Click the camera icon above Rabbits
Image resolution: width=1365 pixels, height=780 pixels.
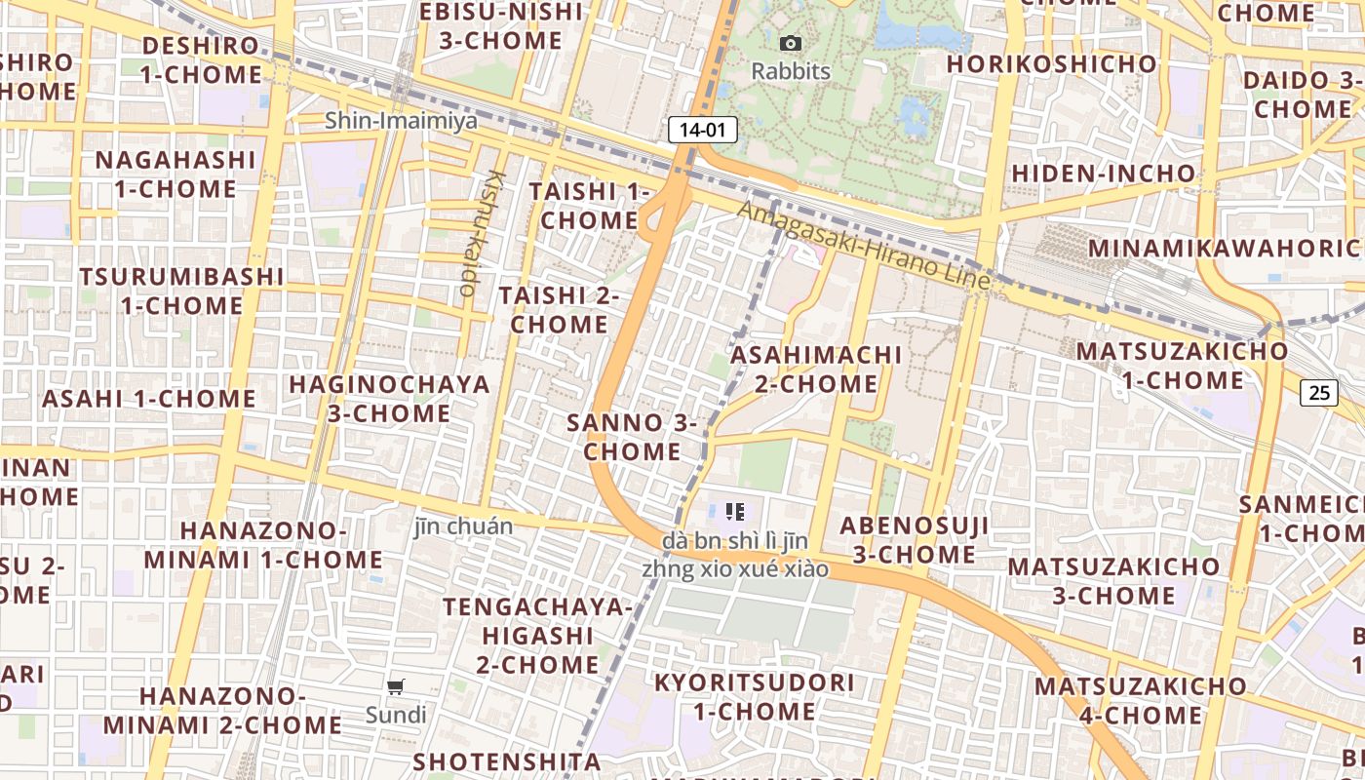[791, 43]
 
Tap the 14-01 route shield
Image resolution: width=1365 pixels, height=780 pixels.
[702, 130]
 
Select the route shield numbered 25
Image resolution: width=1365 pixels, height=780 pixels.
[1318, 393]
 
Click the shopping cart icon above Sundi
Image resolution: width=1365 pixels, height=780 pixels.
[396, 687]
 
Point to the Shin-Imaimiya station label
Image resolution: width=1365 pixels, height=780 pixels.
[402, 121]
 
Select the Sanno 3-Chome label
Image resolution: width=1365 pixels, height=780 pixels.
[632, 437]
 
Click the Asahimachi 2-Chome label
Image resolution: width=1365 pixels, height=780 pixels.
[817, 369]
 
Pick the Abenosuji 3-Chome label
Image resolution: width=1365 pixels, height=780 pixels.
[915, 540]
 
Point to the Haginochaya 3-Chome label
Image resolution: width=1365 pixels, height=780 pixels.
[389, 398]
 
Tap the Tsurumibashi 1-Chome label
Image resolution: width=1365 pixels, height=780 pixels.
[182, 291]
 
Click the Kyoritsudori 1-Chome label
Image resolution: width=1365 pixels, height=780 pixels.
[755, 696]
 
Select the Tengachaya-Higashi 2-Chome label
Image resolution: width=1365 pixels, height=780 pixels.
[537, 636]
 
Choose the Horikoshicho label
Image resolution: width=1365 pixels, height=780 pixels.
[1052, 64]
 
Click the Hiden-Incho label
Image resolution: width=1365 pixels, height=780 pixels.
[1103, 174]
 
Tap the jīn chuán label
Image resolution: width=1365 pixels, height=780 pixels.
[463, 526]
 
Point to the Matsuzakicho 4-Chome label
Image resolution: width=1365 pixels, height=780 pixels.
[1140, 700]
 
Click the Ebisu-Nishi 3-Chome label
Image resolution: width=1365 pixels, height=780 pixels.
[501, 26]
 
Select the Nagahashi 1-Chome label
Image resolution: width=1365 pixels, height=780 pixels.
[175, 174]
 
